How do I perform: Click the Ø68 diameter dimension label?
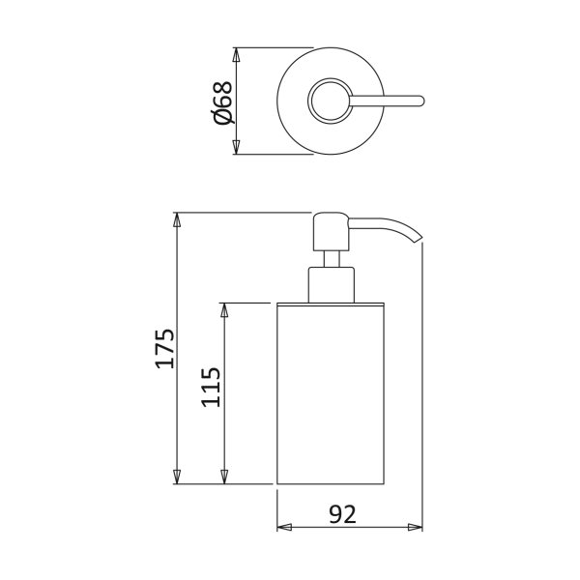[x=223, y=102]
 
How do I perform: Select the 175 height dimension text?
[x=164, y=348]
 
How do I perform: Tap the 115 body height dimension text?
[x=211, y=387]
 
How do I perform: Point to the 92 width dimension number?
[x=342, y=514]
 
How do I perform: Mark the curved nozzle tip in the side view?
[x=418, y=238]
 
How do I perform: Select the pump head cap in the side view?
[x=331, y=232]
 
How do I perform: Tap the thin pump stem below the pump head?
[x=331, y=259]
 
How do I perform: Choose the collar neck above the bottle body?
[x=331, y=285]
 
